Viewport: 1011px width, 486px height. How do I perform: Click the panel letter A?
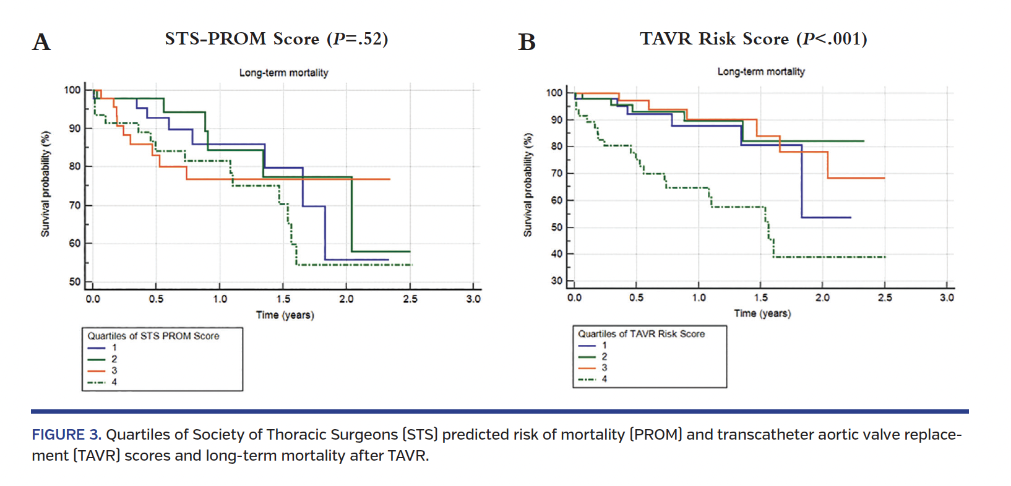click(41, 42)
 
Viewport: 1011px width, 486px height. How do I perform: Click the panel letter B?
click(527, 42)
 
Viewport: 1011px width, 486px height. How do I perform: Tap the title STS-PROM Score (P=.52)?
click(276, 38)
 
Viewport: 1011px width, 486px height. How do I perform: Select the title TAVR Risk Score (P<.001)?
click(753, 38)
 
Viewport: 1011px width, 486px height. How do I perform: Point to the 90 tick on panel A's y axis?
click(74, 128)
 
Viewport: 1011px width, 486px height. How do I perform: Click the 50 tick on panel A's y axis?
click(74, 281)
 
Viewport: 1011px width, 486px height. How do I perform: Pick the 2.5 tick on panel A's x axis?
click(410, 299)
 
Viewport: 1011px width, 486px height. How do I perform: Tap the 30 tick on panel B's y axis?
click(556, 281)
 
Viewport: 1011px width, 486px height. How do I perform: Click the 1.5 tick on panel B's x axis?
click(760, 297)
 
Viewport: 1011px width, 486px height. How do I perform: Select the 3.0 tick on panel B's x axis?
click(947, 297)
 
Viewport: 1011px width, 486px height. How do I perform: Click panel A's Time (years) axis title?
click(285, 315)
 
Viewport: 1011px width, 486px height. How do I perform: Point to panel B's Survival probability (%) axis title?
click(527, 185)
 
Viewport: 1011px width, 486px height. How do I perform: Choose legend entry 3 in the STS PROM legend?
click(114, 370)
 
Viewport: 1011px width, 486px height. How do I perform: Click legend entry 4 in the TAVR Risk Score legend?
click(604, 378)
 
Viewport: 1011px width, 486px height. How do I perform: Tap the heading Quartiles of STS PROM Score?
click(153, 336)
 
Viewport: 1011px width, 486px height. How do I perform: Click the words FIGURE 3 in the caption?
click(66, 435)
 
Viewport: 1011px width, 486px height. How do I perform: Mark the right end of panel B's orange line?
click(884, 178)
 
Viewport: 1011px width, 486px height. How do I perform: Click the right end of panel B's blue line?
click(851, 218)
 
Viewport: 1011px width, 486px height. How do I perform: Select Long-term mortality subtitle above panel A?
click(283, 72)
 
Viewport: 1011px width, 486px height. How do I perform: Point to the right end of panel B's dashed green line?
click(885, 257)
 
